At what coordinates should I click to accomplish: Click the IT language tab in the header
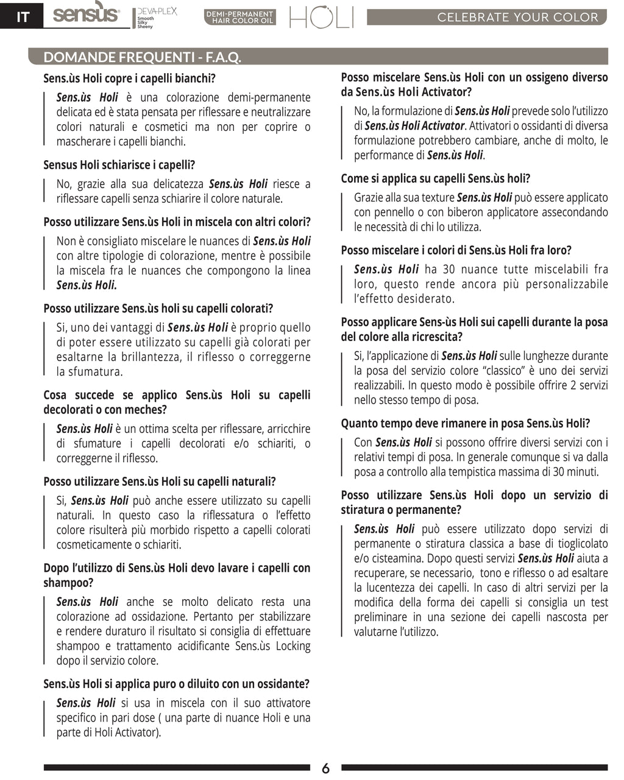coord(22,16)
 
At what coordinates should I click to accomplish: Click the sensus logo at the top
coord(86,13)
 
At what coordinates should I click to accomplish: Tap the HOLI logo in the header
coord(321,18)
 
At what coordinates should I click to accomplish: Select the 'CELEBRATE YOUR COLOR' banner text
coord(517,17)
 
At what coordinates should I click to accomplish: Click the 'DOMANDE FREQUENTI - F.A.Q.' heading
coord(143,57)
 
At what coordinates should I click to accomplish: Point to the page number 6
coord(325,768)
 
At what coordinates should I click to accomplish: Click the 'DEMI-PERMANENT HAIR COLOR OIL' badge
coord(239,17)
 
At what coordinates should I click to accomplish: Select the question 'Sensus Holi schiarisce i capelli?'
coord(119,165)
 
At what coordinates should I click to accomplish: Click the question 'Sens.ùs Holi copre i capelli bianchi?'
coord(129,79)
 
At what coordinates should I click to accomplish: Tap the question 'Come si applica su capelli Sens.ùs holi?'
coord(435,179)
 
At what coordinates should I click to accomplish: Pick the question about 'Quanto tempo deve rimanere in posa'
coord(465,424)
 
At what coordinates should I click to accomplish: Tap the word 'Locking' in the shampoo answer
coord(292,646)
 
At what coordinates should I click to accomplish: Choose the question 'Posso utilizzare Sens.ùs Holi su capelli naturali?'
coord(159,482)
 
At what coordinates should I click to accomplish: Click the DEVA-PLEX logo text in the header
coord(157,12)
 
